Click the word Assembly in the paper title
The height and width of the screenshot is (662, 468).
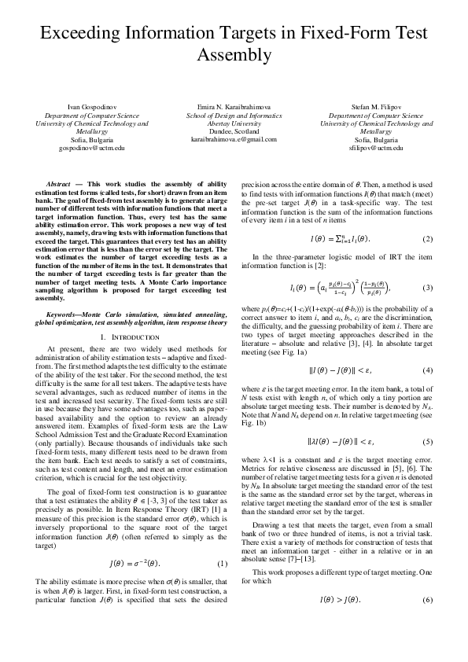coord(234,56)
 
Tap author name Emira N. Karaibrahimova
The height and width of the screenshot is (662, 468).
coord(234,105)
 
